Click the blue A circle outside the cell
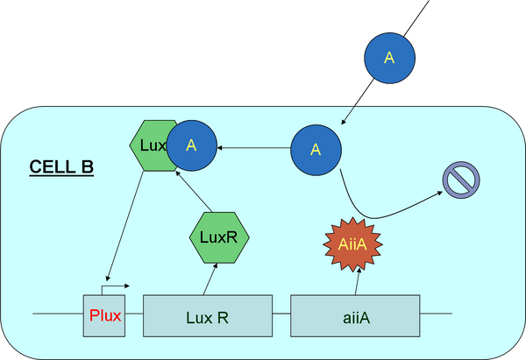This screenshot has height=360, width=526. (x=389, y=56)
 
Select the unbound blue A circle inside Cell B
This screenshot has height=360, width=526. (x=316, y=149)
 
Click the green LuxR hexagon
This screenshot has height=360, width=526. (x=220, y=237)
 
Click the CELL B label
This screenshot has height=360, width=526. (x=61, y=166)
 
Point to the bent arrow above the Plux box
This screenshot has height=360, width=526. (x=114, y=286)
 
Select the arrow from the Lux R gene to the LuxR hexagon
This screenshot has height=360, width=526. (x=210, y=280)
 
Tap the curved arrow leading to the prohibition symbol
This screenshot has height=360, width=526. (x=377, y=215)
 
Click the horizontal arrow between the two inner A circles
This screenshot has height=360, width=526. (x=254, y=148)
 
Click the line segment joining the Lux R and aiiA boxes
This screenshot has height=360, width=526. (x=281, y=313)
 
